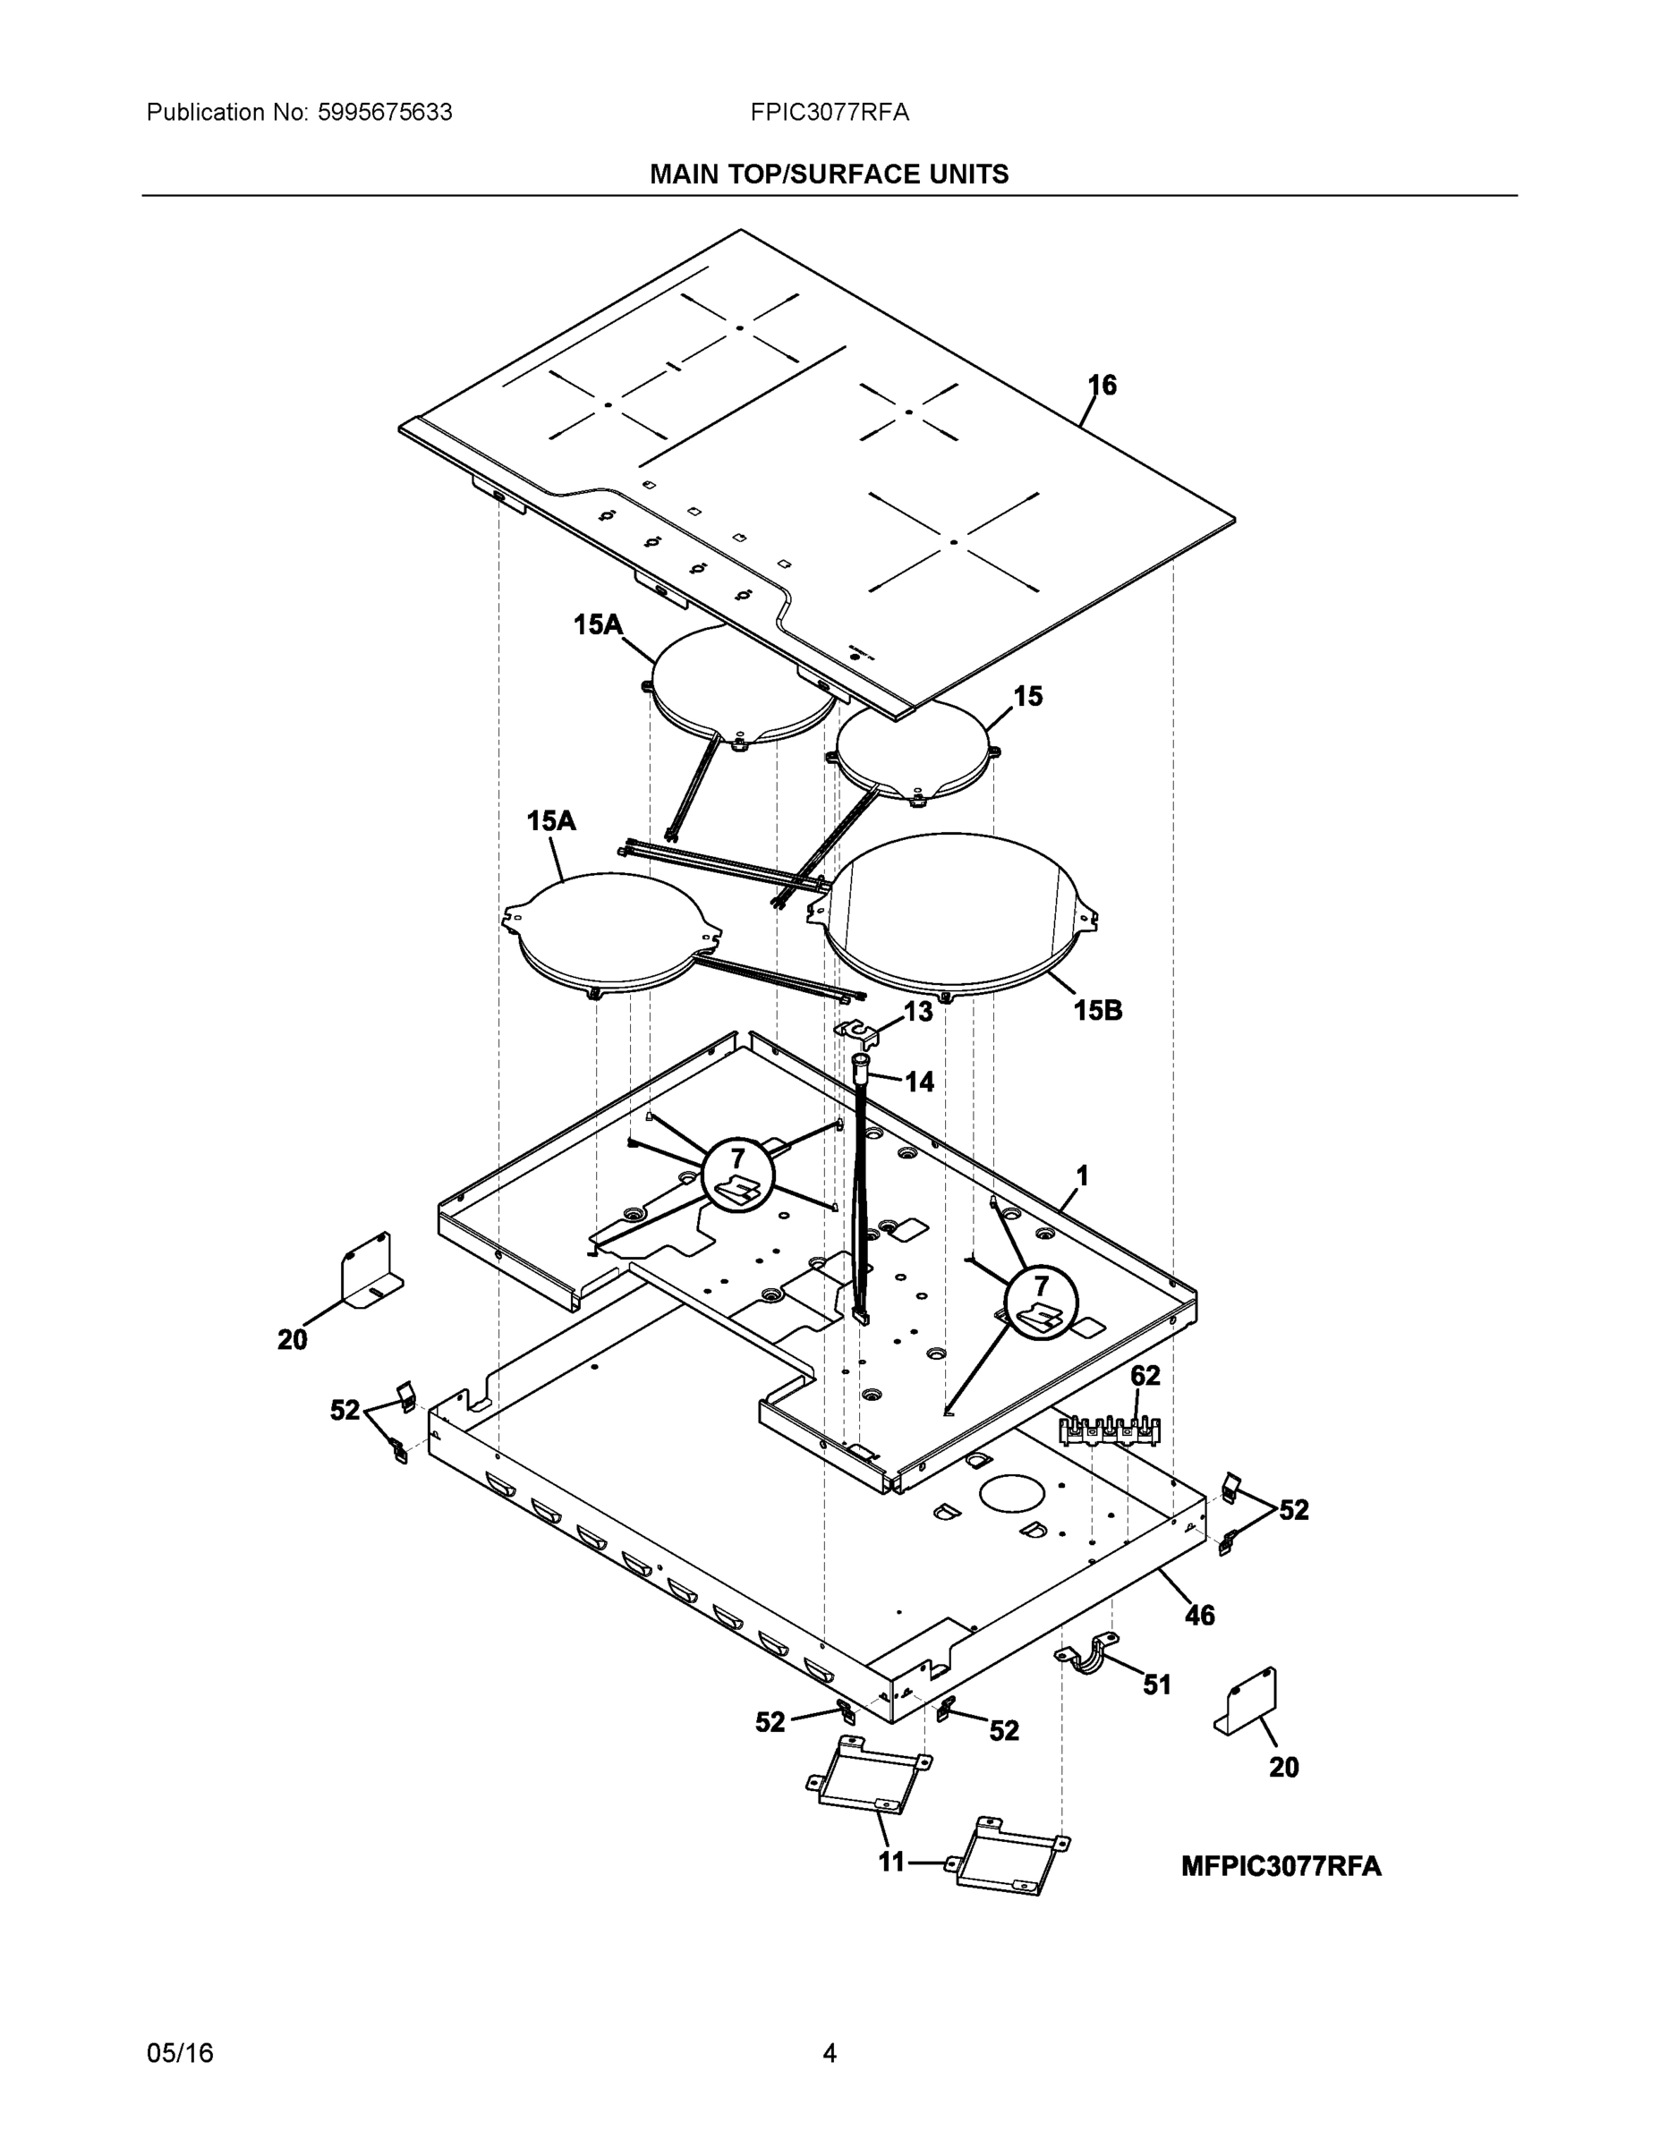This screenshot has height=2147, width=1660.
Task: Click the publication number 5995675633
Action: (385, 113)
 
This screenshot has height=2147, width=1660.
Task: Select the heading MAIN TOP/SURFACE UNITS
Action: (829, 175)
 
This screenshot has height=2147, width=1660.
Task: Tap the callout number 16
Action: (1102, 386)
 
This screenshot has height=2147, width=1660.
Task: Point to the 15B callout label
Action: (1097, 1011)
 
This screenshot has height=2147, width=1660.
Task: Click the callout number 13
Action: (917, 1012)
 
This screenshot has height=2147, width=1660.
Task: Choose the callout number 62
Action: (1145, 1376)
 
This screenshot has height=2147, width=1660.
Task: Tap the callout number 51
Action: (1156, 1685)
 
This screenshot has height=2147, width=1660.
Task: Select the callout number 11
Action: (891, 1862)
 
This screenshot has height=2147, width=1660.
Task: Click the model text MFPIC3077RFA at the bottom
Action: (1281, 1866)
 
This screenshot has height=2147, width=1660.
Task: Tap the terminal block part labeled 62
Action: (1110, 1431)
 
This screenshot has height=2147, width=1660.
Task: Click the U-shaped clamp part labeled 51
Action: (1087, 1659)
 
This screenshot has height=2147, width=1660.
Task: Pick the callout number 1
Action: (1082, 1175)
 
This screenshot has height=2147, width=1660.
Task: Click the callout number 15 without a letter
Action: (1027, 697)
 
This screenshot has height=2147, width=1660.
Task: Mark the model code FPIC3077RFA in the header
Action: (829, 113)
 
